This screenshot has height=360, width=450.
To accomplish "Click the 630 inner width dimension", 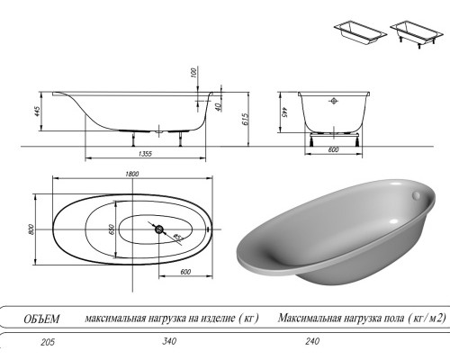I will pyautogui.click(x=112, y=230).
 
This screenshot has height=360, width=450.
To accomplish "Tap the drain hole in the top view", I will pyautogui.click(x=160, y=230).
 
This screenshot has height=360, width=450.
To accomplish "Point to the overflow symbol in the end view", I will pyautogui.click(x=334, y=101).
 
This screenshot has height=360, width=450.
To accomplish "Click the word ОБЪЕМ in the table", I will pyautogui.click(x=40, y=319).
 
